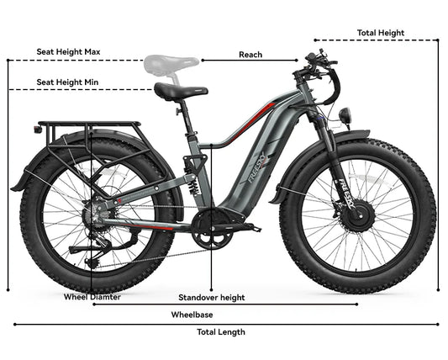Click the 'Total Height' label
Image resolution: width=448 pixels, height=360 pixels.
pyautogui.click(x=381, y=33)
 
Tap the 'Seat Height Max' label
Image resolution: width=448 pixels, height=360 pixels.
pyautogui.click(x=68, y=52)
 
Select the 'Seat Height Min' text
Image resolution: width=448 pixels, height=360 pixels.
pyautogui.click(x=67, y=82)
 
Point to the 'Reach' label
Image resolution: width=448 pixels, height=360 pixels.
pyautogui.click(x=250, y=55)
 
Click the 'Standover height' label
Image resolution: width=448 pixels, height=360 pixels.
pyautogui.click(x=212, y=298)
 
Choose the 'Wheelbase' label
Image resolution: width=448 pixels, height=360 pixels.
pyautogui.click(x=192, y=315)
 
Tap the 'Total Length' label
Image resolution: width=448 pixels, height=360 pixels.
pyautogui.click(x=221, y=332)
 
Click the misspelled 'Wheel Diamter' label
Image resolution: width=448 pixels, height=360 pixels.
pyautogui.click(x=92, y=297)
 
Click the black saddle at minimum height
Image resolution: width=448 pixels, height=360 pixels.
pyautogui.click(x=181, y=91)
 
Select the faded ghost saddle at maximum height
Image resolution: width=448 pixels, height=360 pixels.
pyautogui.click(x=171, y=64)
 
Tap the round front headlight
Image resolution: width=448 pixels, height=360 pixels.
pyautogui.click(x=345, y=115)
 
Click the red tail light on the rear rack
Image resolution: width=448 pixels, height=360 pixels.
pyautogui.click(x=38, y=129)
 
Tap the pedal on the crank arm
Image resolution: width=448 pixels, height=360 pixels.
pyautogui.click(x=254, y=228)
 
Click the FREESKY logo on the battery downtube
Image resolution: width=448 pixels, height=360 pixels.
pyautogui.click(x=257, y=169)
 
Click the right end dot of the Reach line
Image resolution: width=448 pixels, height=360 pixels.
pyautogui.click(x=297, y=61)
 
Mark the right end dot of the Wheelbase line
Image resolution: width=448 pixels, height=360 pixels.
pyautogui.click(x=356, y=304)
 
